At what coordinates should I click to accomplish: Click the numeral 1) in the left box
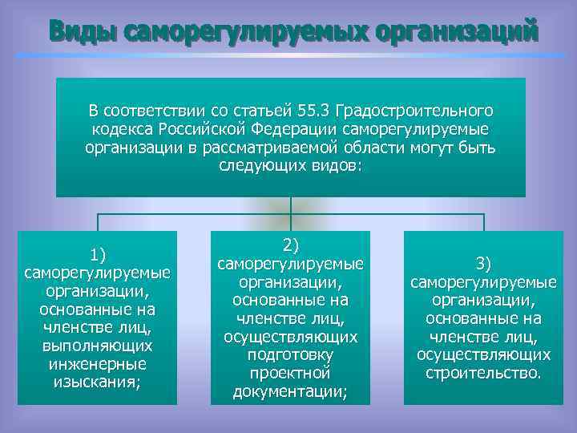[x=98, y=256]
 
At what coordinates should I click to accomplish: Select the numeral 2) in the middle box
[x=290, y=245]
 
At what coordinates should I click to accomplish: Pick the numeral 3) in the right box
[x=483, y=264]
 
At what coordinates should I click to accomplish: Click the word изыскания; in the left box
[x=98, y=382]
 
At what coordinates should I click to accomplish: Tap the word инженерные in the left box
[x=98, y=364]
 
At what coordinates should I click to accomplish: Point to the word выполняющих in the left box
[x=98, y=346]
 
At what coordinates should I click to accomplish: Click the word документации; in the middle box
[x=290, y=391]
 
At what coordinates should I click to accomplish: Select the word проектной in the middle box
[x=290, y=373]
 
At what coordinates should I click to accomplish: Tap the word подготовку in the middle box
[x=290, y=354]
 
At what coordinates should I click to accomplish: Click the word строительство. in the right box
[x=483, y=373]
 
